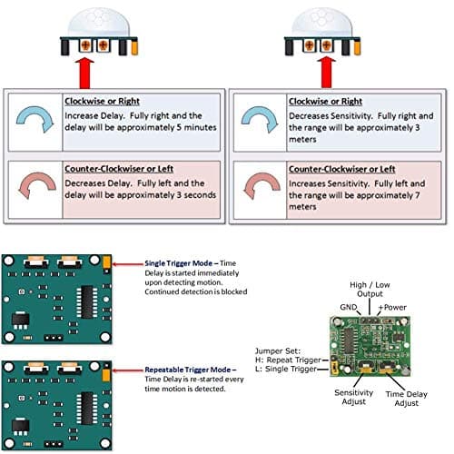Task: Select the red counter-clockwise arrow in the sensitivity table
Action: coord(258,188)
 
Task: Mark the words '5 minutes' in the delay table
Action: coord(198,127)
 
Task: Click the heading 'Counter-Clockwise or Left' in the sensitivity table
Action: coord(341,169)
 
